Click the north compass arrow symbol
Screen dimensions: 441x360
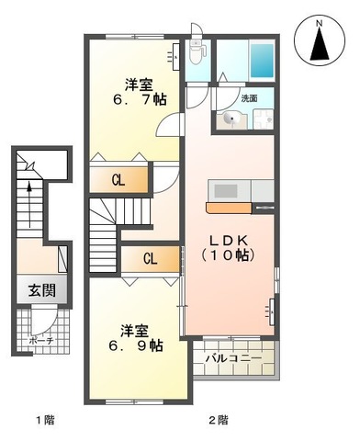click(x=321, y=41)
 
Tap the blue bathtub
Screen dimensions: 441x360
click(x=262, y=61)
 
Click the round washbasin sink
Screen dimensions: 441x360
click(x=231, y=119)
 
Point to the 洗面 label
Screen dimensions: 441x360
click(x=249, y=98)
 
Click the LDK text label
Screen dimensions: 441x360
click(x=229, y=240)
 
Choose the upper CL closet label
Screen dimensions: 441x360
click(x=118, y=180)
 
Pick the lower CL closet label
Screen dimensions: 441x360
click(x=149, y=259)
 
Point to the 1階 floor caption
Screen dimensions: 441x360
click(x=46, y=422)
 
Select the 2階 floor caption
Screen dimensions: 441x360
click(x=218, y=422)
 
